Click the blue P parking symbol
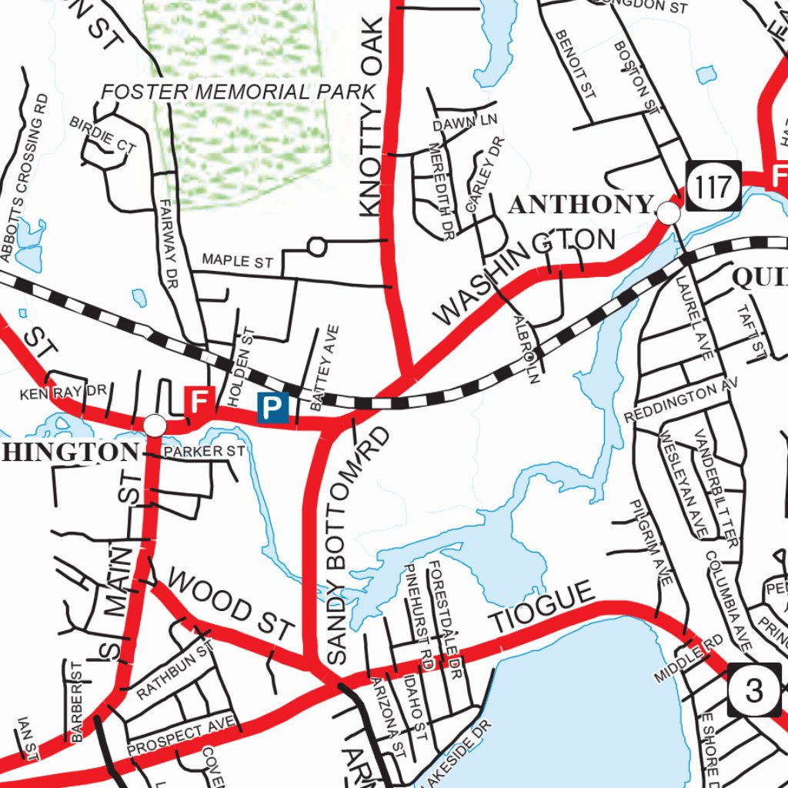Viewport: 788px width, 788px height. pos(273,407)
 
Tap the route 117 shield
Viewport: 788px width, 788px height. pos(714,185)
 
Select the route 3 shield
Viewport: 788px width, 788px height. pos(754,689)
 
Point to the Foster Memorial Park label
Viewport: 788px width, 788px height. pos(239,92)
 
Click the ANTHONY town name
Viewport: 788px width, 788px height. pos(581,205)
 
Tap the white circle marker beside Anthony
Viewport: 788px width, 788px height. pos(669,213)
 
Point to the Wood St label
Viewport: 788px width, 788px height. pos(231,605)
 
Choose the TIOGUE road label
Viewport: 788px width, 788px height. pos(543,607)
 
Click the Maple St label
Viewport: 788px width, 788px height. pos(238,261)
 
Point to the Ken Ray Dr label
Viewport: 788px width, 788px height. pos(62,392)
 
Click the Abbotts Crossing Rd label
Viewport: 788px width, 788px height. pos(25,177)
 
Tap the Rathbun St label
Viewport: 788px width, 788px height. pos(175,671)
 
